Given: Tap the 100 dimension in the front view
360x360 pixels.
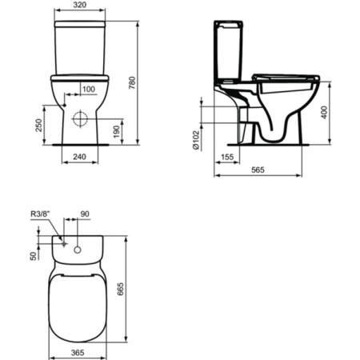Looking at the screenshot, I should pos(88,89).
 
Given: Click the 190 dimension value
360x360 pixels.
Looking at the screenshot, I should pos(117,130).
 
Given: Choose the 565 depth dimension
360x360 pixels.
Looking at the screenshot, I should pos(257,171).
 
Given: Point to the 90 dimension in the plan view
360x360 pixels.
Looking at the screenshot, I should pos(86,214).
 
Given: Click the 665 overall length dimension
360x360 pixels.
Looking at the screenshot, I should pos(143,282).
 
